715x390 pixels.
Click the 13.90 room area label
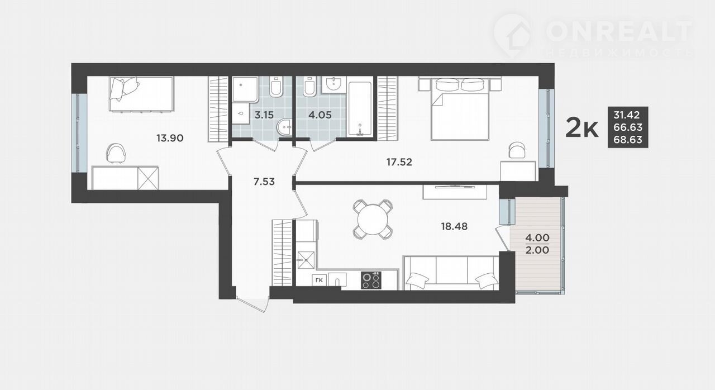(x=170, y=138)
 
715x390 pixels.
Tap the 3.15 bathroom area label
(x=264, y=115)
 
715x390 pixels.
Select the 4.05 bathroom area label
(x=320, y=115)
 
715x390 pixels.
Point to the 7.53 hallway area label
(x=264, y=182)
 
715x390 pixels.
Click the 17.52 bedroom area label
(x=399, y=162)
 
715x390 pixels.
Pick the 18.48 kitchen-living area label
(x=454, y=227)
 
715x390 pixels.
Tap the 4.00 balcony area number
(x=537, y=238)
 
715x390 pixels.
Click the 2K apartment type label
(x=582, y=127)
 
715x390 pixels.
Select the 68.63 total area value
(x=628, y=140)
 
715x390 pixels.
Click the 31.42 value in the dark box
(x=627, y=115)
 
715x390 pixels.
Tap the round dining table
(x=373, y=220)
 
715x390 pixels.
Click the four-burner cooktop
(x=371, y=280)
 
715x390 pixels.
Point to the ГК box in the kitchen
(x=319, y=281)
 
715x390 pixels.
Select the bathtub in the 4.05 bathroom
(x=360, y=109)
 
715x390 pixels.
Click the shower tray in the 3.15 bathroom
(x=245, y=89)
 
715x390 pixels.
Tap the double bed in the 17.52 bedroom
(x=460, y=108)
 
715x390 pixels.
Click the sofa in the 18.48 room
(x=451, y=273)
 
